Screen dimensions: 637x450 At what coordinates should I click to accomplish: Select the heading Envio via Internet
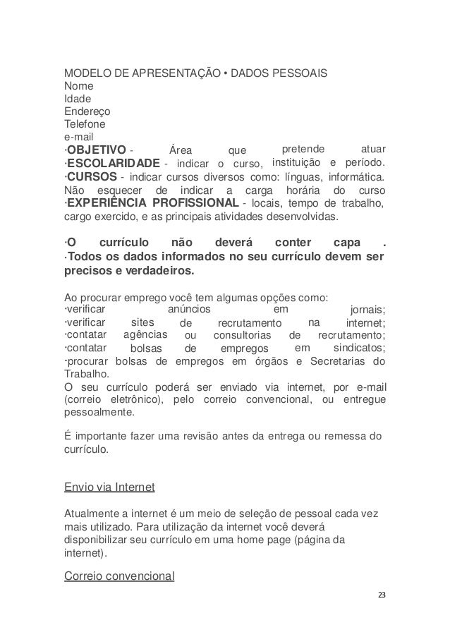pyautogui.click(x=109, y=487)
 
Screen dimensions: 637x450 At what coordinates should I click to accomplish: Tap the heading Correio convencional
pyautogui.click(x=119, y=576)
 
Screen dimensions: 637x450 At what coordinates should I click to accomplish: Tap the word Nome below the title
pyautogui.click(x=78, y=87)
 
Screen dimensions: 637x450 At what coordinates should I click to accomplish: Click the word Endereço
pyautogui.click(x=87, y=111)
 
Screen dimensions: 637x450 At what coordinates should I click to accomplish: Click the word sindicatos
pyautogui.click(x=358, y=348)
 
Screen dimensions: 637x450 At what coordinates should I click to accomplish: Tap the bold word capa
pyautogui.click(x=346, y=243)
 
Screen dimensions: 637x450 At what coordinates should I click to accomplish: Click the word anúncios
pyautogui.click(x=190, y=310)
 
